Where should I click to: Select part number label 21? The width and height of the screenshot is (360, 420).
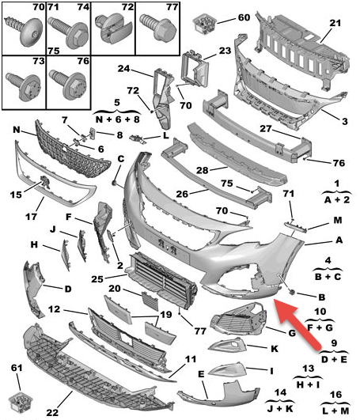[x=335, y=23]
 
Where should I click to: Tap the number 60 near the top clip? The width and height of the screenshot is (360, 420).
[x=244, y=17]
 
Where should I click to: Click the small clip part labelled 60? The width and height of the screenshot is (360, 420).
[x=204, y=24]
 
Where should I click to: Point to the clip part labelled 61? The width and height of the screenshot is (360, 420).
[x=21, y=402]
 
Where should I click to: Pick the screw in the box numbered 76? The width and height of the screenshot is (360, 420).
[x=68, y=84]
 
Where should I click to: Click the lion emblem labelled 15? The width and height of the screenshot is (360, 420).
[x=45, y=182]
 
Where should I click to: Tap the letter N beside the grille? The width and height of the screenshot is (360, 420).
[x=17, y=130]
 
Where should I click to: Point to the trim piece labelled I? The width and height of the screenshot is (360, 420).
[x=227, y=370]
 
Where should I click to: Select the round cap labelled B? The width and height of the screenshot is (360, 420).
[x=292, y=292]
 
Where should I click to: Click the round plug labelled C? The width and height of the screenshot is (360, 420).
[x=115, y=183]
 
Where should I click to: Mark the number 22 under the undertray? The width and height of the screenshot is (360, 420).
[x=52, y=413]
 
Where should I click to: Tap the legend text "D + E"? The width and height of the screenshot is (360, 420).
[x=334, y=359]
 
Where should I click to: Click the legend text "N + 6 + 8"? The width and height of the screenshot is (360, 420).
[x=117, y=119]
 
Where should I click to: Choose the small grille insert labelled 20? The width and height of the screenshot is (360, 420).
[x=150, y=301]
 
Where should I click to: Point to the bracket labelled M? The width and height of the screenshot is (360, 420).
[x=296, y=226]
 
